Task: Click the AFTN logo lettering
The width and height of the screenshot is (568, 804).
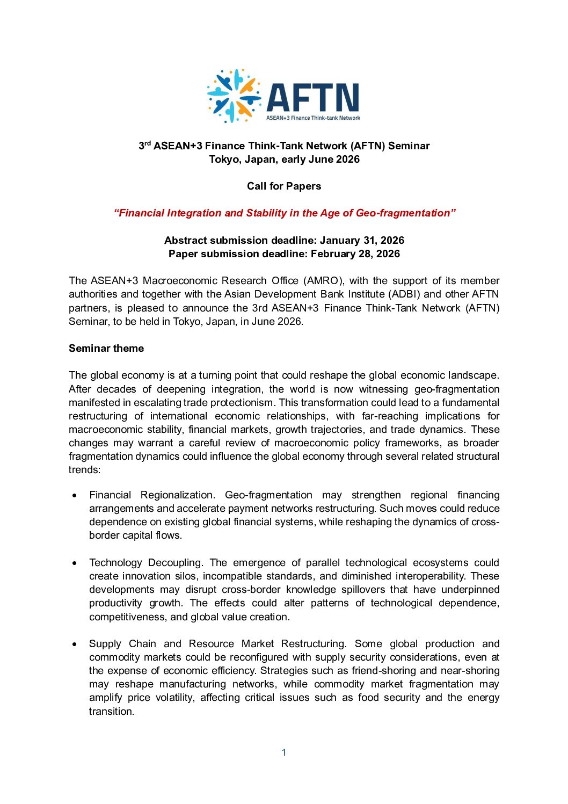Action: (312, 97)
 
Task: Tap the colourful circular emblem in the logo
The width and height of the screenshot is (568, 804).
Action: (234, 96)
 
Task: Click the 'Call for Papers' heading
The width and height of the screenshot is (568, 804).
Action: (284, 186)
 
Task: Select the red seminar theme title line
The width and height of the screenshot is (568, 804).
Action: (284, 213)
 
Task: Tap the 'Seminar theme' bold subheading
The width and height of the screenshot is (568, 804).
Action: (106, 349)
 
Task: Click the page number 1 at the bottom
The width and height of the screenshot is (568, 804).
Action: (284, 752)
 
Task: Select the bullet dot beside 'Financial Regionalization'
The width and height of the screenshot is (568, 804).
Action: (75, 495)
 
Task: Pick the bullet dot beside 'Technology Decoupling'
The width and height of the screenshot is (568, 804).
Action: (75, 563)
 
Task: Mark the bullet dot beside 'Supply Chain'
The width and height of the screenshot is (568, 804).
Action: (75, 644)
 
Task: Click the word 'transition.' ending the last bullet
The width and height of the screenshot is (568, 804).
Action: (112, 712)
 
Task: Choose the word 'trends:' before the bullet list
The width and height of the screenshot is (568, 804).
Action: (84, 470)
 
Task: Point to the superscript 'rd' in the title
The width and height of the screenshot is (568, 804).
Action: (148, 143)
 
